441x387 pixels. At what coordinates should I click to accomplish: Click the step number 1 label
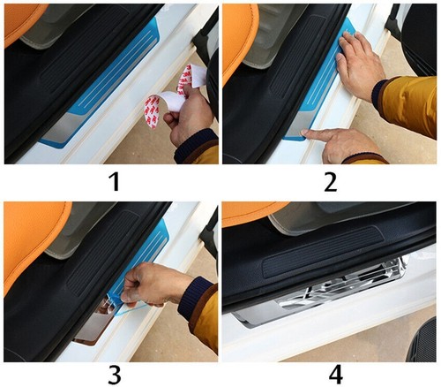pos(115,181)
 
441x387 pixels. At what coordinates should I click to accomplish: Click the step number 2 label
pos(331,181)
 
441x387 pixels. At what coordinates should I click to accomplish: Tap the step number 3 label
pos(115,375)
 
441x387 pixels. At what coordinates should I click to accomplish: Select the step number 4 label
pos(336,375)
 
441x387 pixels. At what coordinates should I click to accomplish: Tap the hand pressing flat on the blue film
pos(360,64)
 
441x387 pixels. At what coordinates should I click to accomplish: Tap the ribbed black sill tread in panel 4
pos(324,252)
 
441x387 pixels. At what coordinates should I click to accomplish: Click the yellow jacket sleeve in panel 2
pos(407,104)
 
